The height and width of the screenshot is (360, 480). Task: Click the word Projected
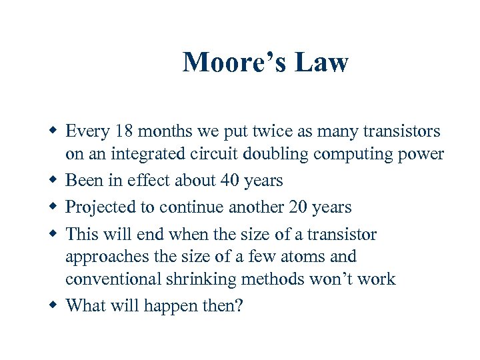100,207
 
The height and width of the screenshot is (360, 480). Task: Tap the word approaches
107,257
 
